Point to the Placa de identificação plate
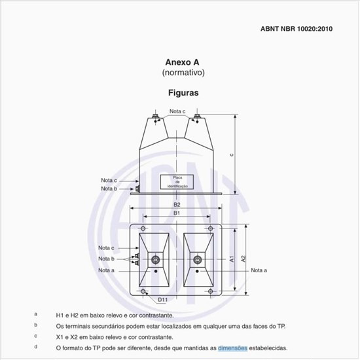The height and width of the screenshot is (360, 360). (x=177, y=181)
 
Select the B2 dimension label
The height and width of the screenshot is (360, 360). (x=177, y=205)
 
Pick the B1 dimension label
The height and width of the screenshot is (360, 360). (x=177, y=213)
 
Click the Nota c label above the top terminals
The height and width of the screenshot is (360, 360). (x=177, y=111)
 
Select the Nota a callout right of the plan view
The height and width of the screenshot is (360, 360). (x=259, y=270)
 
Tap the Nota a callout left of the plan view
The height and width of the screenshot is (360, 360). (x=107, y=270)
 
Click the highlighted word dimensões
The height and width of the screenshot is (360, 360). (x=232, y=348)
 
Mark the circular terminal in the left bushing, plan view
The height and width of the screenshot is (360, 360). (x=156, y=261)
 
